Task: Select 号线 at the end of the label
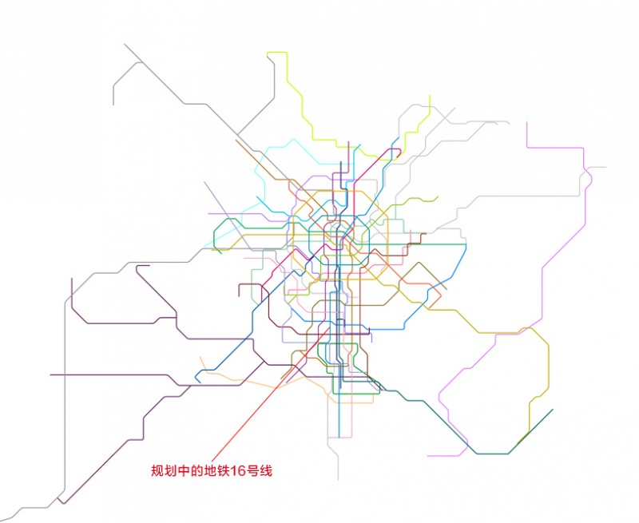[x=260, y=472]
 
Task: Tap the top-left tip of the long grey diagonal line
[x=125, y=44]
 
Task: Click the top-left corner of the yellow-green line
[x=268, y=53]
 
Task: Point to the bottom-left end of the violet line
[x=427, y=456]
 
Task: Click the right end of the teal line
[x=552, y=410]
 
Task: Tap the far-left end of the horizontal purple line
[x=50, y=374]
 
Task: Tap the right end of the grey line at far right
[x=606, y=168]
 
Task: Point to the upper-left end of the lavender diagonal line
[x=204, y=182]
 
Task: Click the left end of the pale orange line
[x=200, y=357]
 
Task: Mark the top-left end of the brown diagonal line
[x=236, y=141]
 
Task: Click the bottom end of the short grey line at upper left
[x=113, y=105]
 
